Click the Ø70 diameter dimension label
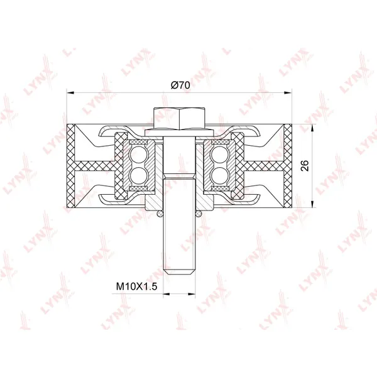(x=180, y=85)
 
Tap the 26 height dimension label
(x=305, y=166)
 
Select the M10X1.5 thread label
(x=136, y=287)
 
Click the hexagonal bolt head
(x=179, y=119)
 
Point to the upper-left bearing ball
(x=139, y=155)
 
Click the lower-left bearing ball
(x=139, y=175)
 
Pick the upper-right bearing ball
(x=220, y=155)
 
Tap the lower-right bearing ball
(x=220, y=175)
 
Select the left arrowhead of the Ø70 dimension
(x=70, y=92)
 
